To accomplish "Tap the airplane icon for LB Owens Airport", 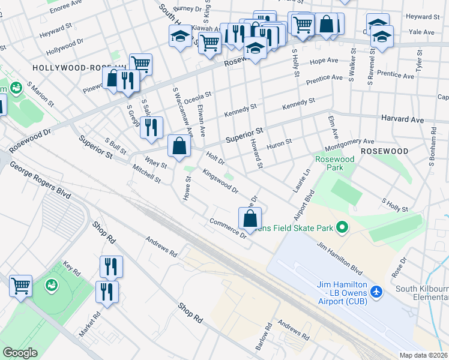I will click(376, 291).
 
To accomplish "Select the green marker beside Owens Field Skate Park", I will click(342, 227).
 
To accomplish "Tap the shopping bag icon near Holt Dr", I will click(179, 146).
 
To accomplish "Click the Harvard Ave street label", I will click(403, 119).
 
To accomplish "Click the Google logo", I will click(20, 352).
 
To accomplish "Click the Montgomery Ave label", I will click(349, 144).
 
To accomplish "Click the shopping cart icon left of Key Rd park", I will click(21, 286).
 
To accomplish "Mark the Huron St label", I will click(279, 142).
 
